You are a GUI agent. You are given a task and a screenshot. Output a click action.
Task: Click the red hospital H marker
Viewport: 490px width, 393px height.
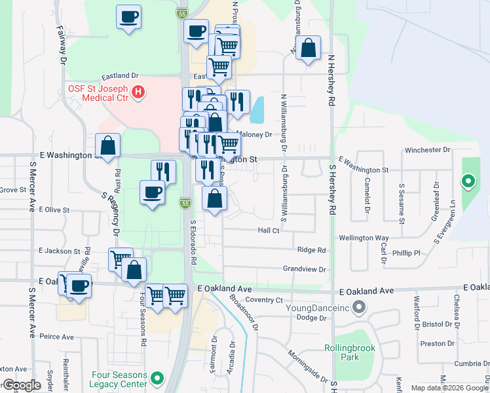(x=138, y=92)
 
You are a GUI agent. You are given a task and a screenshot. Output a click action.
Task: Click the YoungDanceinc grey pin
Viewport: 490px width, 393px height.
(x=358, y=306)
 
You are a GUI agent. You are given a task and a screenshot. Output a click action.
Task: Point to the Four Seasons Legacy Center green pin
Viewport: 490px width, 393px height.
(x=157, y=379)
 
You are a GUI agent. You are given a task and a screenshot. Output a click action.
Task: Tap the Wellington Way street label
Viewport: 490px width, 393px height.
(x=364, y=238)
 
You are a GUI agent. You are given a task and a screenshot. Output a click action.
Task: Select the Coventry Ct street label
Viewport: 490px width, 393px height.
(x=265, y=300)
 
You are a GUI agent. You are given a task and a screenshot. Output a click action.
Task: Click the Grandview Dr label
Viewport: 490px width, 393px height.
(x=305, y=269)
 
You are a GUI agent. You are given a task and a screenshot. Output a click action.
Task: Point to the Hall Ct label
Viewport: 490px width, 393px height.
(x=269, y=231)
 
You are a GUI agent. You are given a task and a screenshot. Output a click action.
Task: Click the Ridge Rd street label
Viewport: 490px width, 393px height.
(x=311, y=250)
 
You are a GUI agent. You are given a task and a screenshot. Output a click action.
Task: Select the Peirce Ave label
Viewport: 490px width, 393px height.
(x=57, y=337)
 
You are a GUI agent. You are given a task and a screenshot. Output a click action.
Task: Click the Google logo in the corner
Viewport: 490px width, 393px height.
(x=22, y=385)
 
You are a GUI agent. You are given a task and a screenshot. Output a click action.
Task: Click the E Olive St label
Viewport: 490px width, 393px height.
(x=54, y=210)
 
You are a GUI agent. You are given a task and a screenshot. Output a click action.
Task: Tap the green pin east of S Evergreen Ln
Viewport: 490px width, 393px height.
(x=468, y=181)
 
